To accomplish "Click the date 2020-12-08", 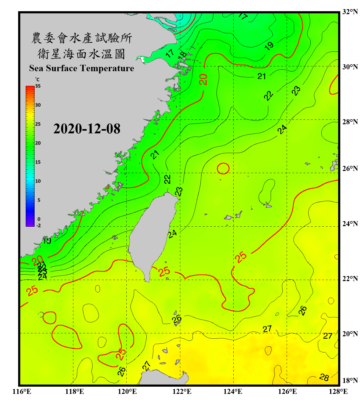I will [87, 129].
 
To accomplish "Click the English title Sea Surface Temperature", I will [82, 68].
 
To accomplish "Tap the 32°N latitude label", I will [350, 12].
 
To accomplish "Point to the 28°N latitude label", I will [350, 122].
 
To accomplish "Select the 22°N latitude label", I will [350, 279].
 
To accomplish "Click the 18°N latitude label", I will [350, 381].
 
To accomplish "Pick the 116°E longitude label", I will [22, 391].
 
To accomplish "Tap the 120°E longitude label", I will [127, 391].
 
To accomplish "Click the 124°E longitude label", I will [233, 391].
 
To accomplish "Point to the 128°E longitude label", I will [338, 391].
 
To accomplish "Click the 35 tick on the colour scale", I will [38, 86].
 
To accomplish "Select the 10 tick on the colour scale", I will [38, 181].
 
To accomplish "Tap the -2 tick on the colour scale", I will [38, 226].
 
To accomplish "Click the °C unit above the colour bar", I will [37, 79].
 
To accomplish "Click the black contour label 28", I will [324, 377].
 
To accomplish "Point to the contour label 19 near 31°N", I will [269, 46].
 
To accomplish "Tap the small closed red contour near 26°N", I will [223, 169].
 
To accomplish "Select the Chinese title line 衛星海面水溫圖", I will [81, 54].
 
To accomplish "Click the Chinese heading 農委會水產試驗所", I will [82, 38].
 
